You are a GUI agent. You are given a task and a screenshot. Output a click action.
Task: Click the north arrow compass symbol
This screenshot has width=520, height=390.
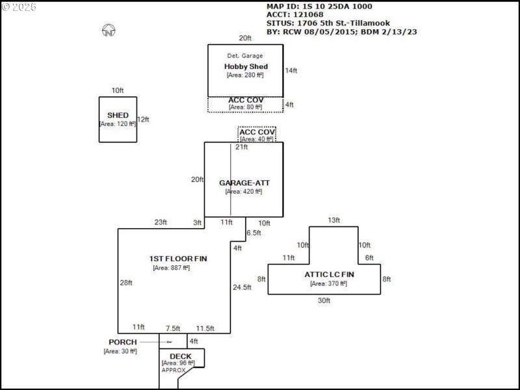[x=109, y=31]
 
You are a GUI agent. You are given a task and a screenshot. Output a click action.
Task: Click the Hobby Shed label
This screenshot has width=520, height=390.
[x=246, y=66]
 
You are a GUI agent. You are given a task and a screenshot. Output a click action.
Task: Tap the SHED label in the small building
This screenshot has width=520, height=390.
[x=118, y=115]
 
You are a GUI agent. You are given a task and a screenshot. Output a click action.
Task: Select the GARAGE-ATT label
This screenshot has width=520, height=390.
[x=244, y=183]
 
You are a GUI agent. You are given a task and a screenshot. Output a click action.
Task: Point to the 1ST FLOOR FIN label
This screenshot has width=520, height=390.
[x=177, y=259]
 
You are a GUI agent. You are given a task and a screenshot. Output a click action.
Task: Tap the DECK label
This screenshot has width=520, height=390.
[x=180, y=356]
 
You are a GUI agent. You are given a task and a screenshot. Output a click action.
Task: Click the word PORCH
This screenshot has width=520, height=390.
[x=122, y=342]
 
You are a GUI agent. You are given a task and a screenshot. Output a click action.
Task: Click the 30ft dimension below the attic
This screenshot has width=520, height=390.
[x=324, y=300]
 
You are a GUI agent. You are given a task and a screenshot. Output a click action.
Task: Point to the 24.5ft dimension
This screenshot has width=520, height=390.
[x=242, y=287]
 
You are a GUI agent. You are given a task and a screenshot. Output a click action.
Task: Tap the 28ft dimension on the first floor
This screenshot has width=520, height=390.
[x=125, y=283]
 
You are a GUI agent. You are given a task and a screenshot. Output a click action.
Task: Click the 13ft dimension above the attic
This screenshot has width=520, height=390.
[x=333, y=220]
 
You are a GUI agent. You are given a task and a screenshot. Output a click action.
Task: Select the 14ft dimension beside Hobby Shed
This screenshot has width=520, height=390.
[x=291, y=70]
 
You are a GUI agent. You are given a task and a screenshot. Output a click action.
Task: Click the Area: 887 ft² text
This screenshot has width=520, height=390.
[x=171, y=268]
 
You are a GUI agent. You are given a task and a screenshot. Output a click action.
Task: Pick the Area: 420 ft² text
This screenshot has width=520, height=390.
[x=243, y=192]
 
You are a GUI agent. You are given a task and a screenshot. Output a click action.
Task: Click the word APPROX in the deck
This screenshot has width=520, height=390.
[x=174, y=370]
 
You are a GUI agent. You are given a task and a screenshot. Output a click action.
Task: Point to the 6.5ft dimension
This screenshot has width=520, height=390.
[x=253, y=233]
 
